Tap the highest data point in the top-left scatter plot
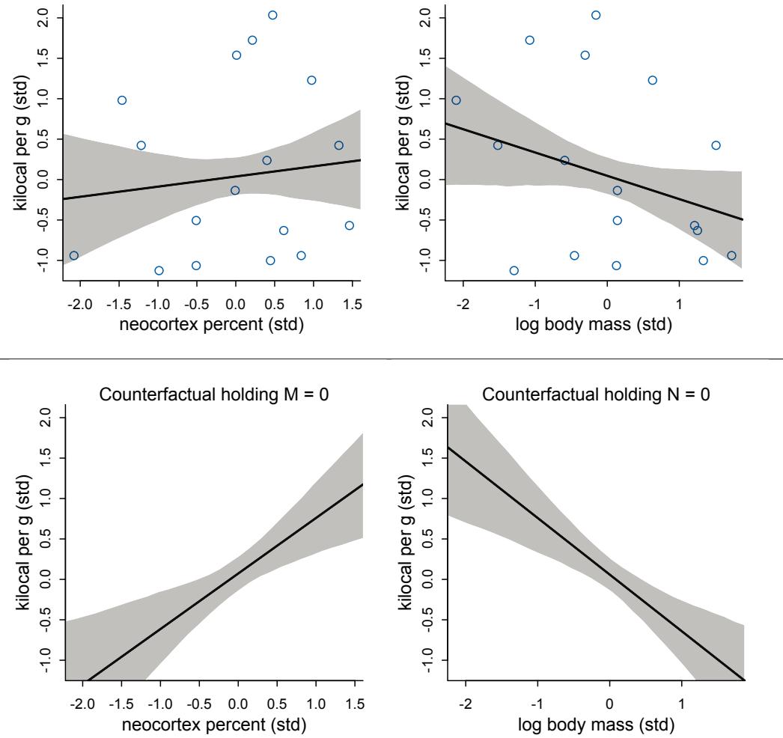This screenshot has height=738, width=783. click(x=272, y=15)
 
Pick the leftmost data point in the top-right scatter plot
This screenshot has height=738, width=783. click(x=456, y=100)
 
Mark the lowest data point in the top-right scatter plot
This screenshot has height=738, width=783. click(x=514, y=270)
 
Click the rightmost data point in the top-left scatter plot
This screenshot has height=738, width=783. click(x=349, y=225)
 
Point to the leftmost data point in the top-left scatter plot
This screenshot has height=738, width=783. click(x=73, y=255)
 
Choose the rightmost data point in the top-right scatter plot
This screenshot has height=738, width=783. click(x=731, y=255)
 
